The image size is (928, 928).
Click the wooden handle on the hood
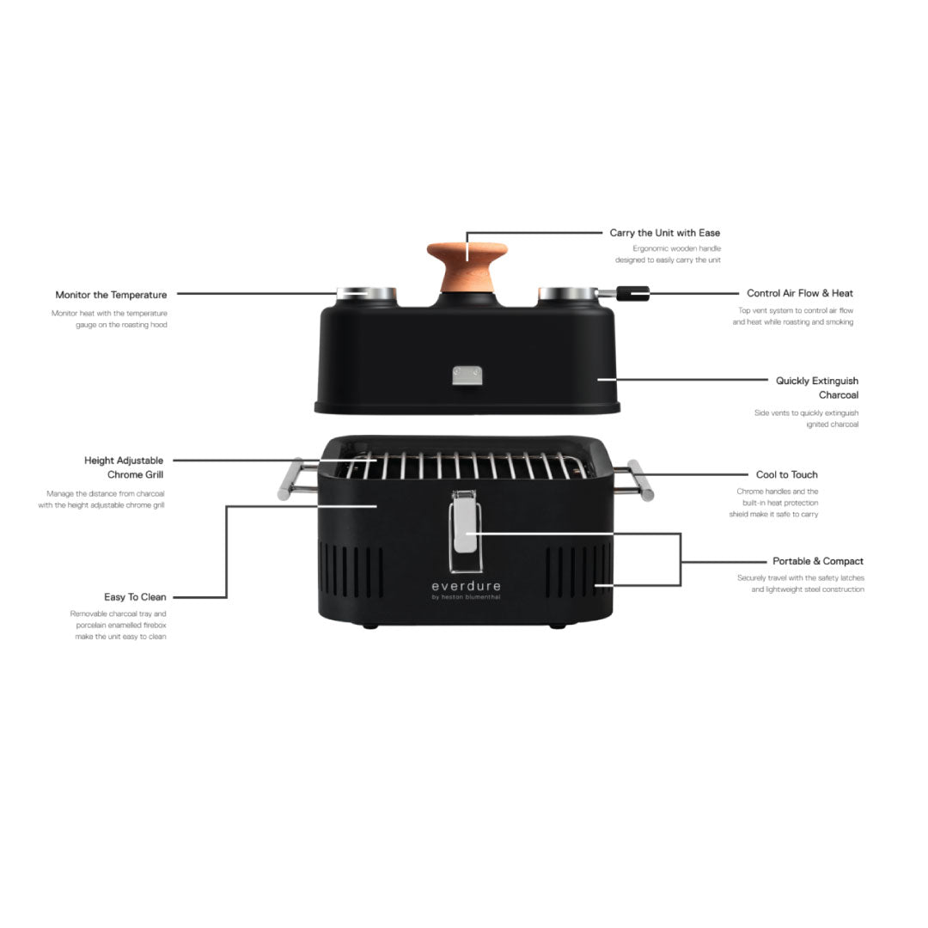click(467, 266)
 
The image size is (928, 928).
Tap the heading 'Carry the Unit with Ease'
click(664, 233)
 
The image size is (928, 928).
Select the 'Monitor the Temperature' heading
click(111, 295)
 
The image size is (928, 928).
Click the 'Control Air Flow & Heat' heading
click(800, 293)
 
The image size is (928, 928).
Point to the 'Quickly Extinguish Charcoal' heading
click(817, 388)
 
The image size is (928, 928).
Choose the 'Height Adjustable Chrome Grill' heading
click(124, 467)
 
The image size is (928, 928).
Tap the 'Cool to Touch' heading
click(786, 474)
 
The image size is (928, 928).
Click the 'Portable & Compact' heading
click(817, 561)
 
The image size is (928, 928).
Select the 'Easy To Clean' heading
click(135, 597)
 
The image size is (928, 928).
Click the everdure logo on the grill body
click(467, 589)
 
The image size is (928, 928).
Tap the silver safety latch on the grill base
click(465, 531)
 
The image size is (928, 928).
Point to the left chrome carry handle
click(297, 479)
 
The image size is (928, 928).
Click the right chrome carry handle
click(634, 480)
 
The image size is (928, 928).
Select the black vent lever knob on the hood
click(632, 293)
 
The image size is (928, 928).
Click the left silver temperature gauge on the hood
click(366, 294)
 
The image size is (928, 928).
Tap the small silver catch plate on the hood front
click(467, 375)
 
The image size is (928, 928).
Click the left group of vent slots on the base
click(351, 572)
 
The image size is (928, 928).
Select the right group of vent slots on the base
click(579, 572)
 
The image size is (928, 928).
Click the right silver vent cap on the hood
click(568, 294)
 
